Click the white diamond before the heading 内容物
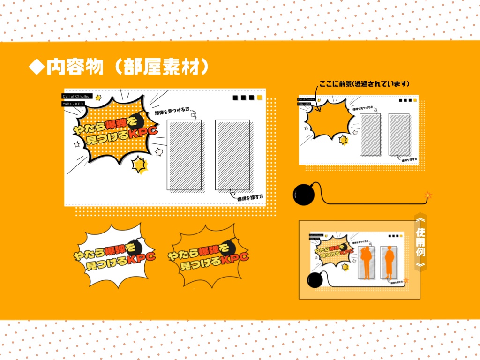37,67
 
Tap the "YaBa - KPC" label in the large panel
73,104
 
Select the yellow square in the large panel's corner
260,98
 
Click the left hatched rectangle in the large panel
184,155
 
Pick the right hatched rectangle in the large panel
232,155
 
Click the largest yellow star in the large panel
139,164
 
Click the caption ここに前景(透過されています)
365,84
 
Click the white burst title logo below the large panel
114,257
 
